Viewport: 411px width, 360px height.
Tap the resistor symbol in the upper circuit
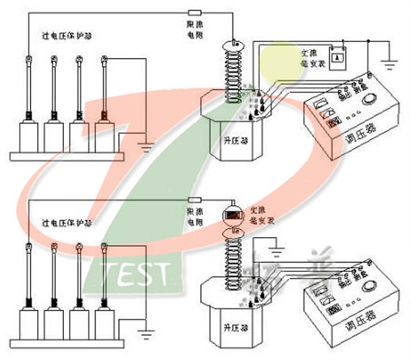(195, 12)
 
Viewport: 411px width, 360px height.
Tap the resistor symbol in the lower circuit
(195, 200)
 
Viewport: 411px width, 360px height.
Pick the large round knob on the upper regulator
(375, 98)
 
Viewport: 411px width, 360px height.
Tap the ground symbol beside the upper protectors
(148, 146)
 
